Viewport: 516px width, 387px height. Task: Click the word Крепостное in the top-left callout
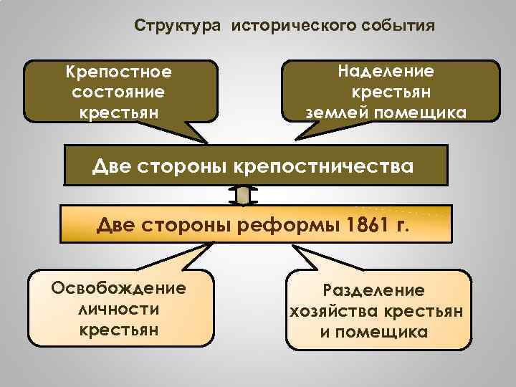[x=119, y=72]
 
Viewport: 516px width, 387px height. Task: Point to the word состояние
[x=119, y=92]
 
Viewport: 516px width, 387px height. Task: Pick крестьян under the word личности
[x=119, y=330]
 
